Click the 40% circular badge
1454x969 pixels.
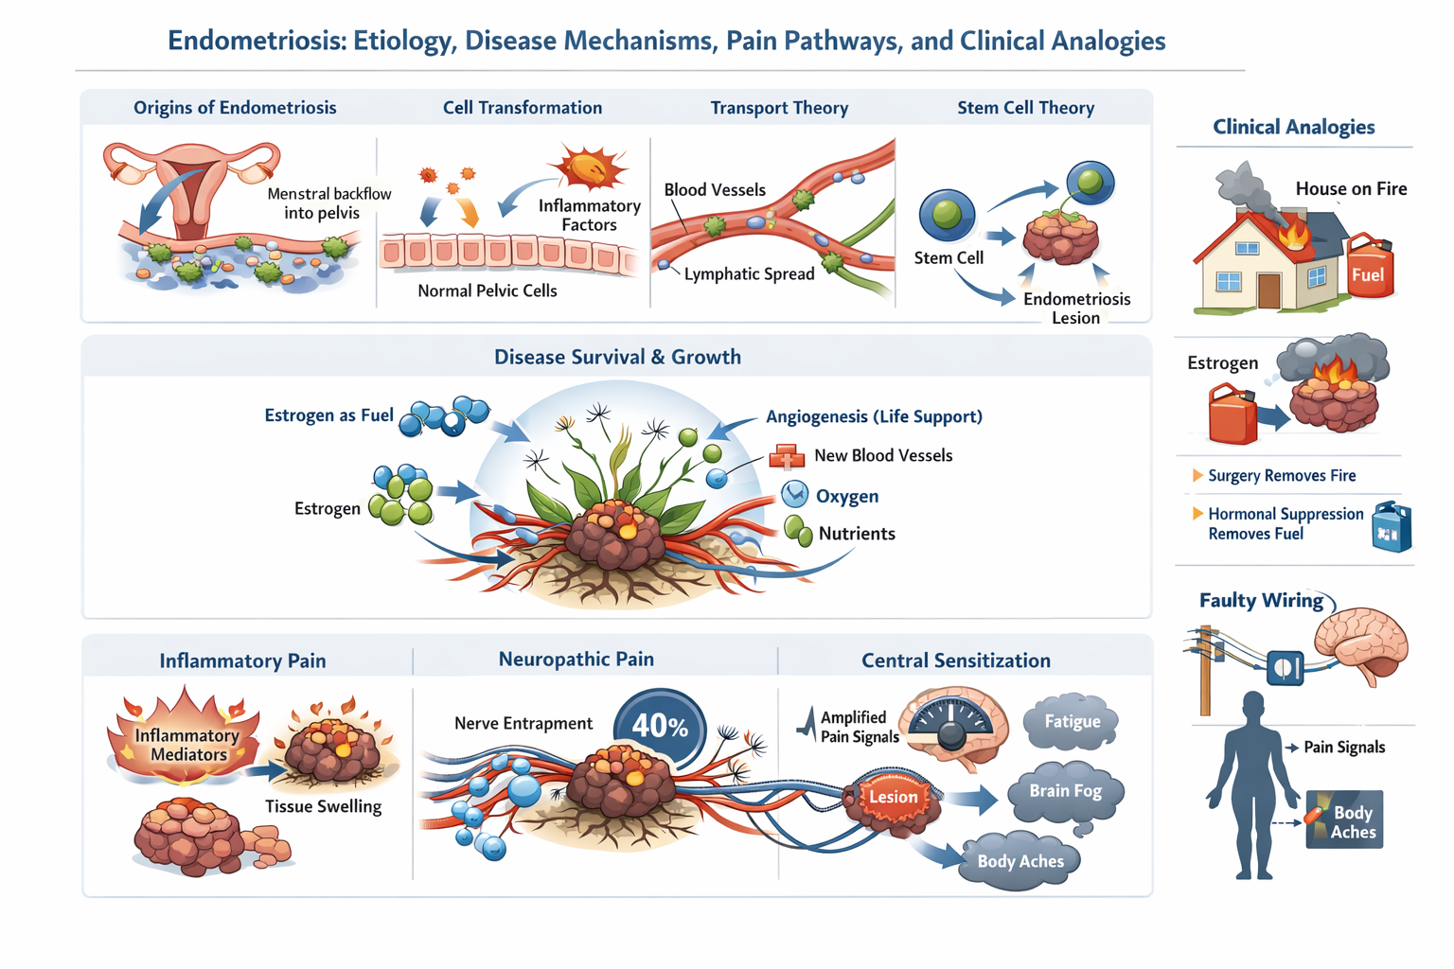[x=660, y=727]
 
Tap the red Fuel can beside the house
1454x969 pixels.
[x=1369, y=269]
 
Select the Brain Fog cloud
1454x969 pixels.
[x=1065, y=792]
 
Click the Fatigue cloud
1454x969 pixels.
[x=1072, y=722]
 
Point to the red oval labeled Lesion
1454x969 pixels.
[x=894, y=797]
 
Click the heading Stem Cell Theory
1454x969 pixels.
[x=1025, y=108]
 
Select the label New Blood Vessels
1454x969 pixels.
[x=882, y=455]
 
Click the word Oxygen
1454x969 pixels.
[x=846, y=496]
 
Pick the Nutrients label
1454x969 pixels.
[x=856, y=534]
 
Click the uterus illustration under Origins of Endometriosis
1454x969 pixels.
[x=192, y=185]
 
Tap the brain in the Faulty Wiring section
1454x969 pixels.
[x=1363, y=643]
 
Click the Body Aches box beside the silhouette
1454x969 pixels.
[x=1345, y=820]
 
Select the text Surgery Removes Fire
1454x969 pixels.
[x=1281, y=476]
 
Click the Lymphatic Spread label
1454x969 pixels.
[x=749, y=274]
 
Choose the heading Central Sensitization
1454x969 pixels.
[x=955, y=661]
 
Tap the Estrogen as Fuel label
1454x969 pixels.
[x=328, y=415]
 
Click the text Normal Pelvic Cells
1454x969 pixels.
[x=487, y=291]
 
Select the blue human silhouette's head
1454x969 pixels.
[x=1253, y=707]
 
